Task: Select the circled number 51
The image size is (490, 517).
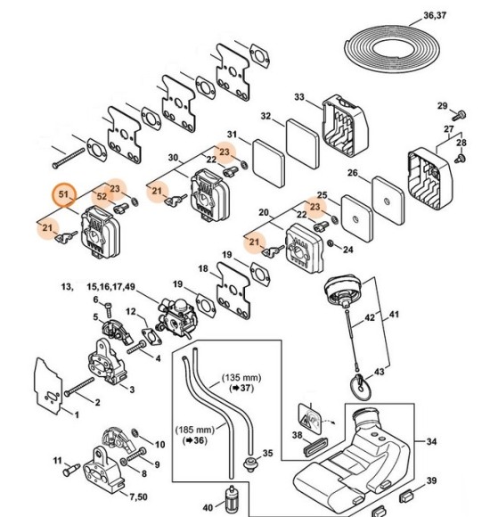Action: point(63,194)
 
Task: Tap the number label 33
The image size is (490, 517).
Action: point(299,97)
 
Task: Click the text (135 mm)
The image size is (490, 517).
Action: point(241,377)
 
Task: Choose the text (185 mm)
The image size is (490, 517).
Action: point(194,429)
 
